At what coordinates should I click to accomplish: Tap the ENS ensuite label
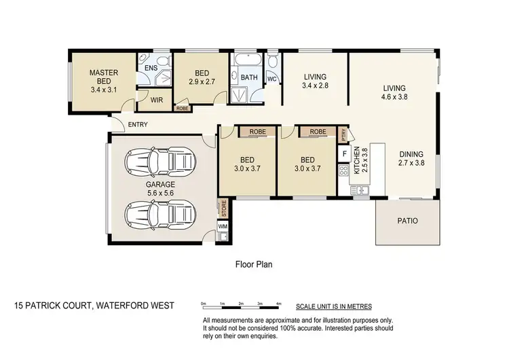tap(150, 68)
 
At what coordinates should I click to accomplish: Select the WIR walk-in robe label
tap(156, 100)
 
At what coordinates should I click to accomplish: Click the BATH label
tap(248, 77)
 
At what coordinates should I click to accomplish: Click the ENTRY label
tap(137, 124)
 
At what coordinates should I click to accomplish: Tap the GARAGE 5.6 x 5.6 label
tap(160, 188)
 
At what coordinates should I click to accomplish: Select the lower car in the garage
tap(160, 214)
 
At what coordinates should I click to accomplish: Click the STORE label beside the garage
tap(223, 206)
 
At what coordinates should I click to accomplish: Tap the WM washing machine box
tap(223, 226)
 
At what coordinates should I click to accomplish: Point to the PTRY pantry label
tap(344, 134)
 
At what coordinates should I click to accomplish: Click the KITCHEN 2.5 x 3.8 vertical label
tap(359, 166)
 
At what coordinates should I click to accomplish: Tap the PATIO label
tap(407, 221)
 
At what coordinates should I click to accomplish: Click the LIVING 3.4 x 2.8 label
tap(315, 82)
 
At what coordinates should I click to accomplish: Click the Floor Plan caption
tap(253, 264)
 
